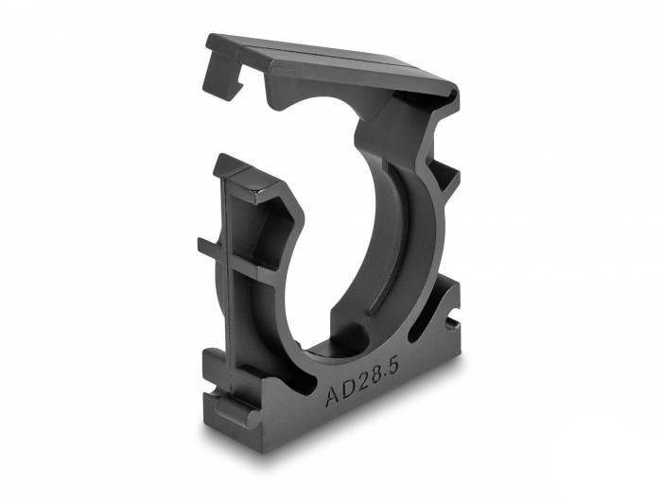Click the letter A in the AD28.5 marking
click(333, 396)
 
